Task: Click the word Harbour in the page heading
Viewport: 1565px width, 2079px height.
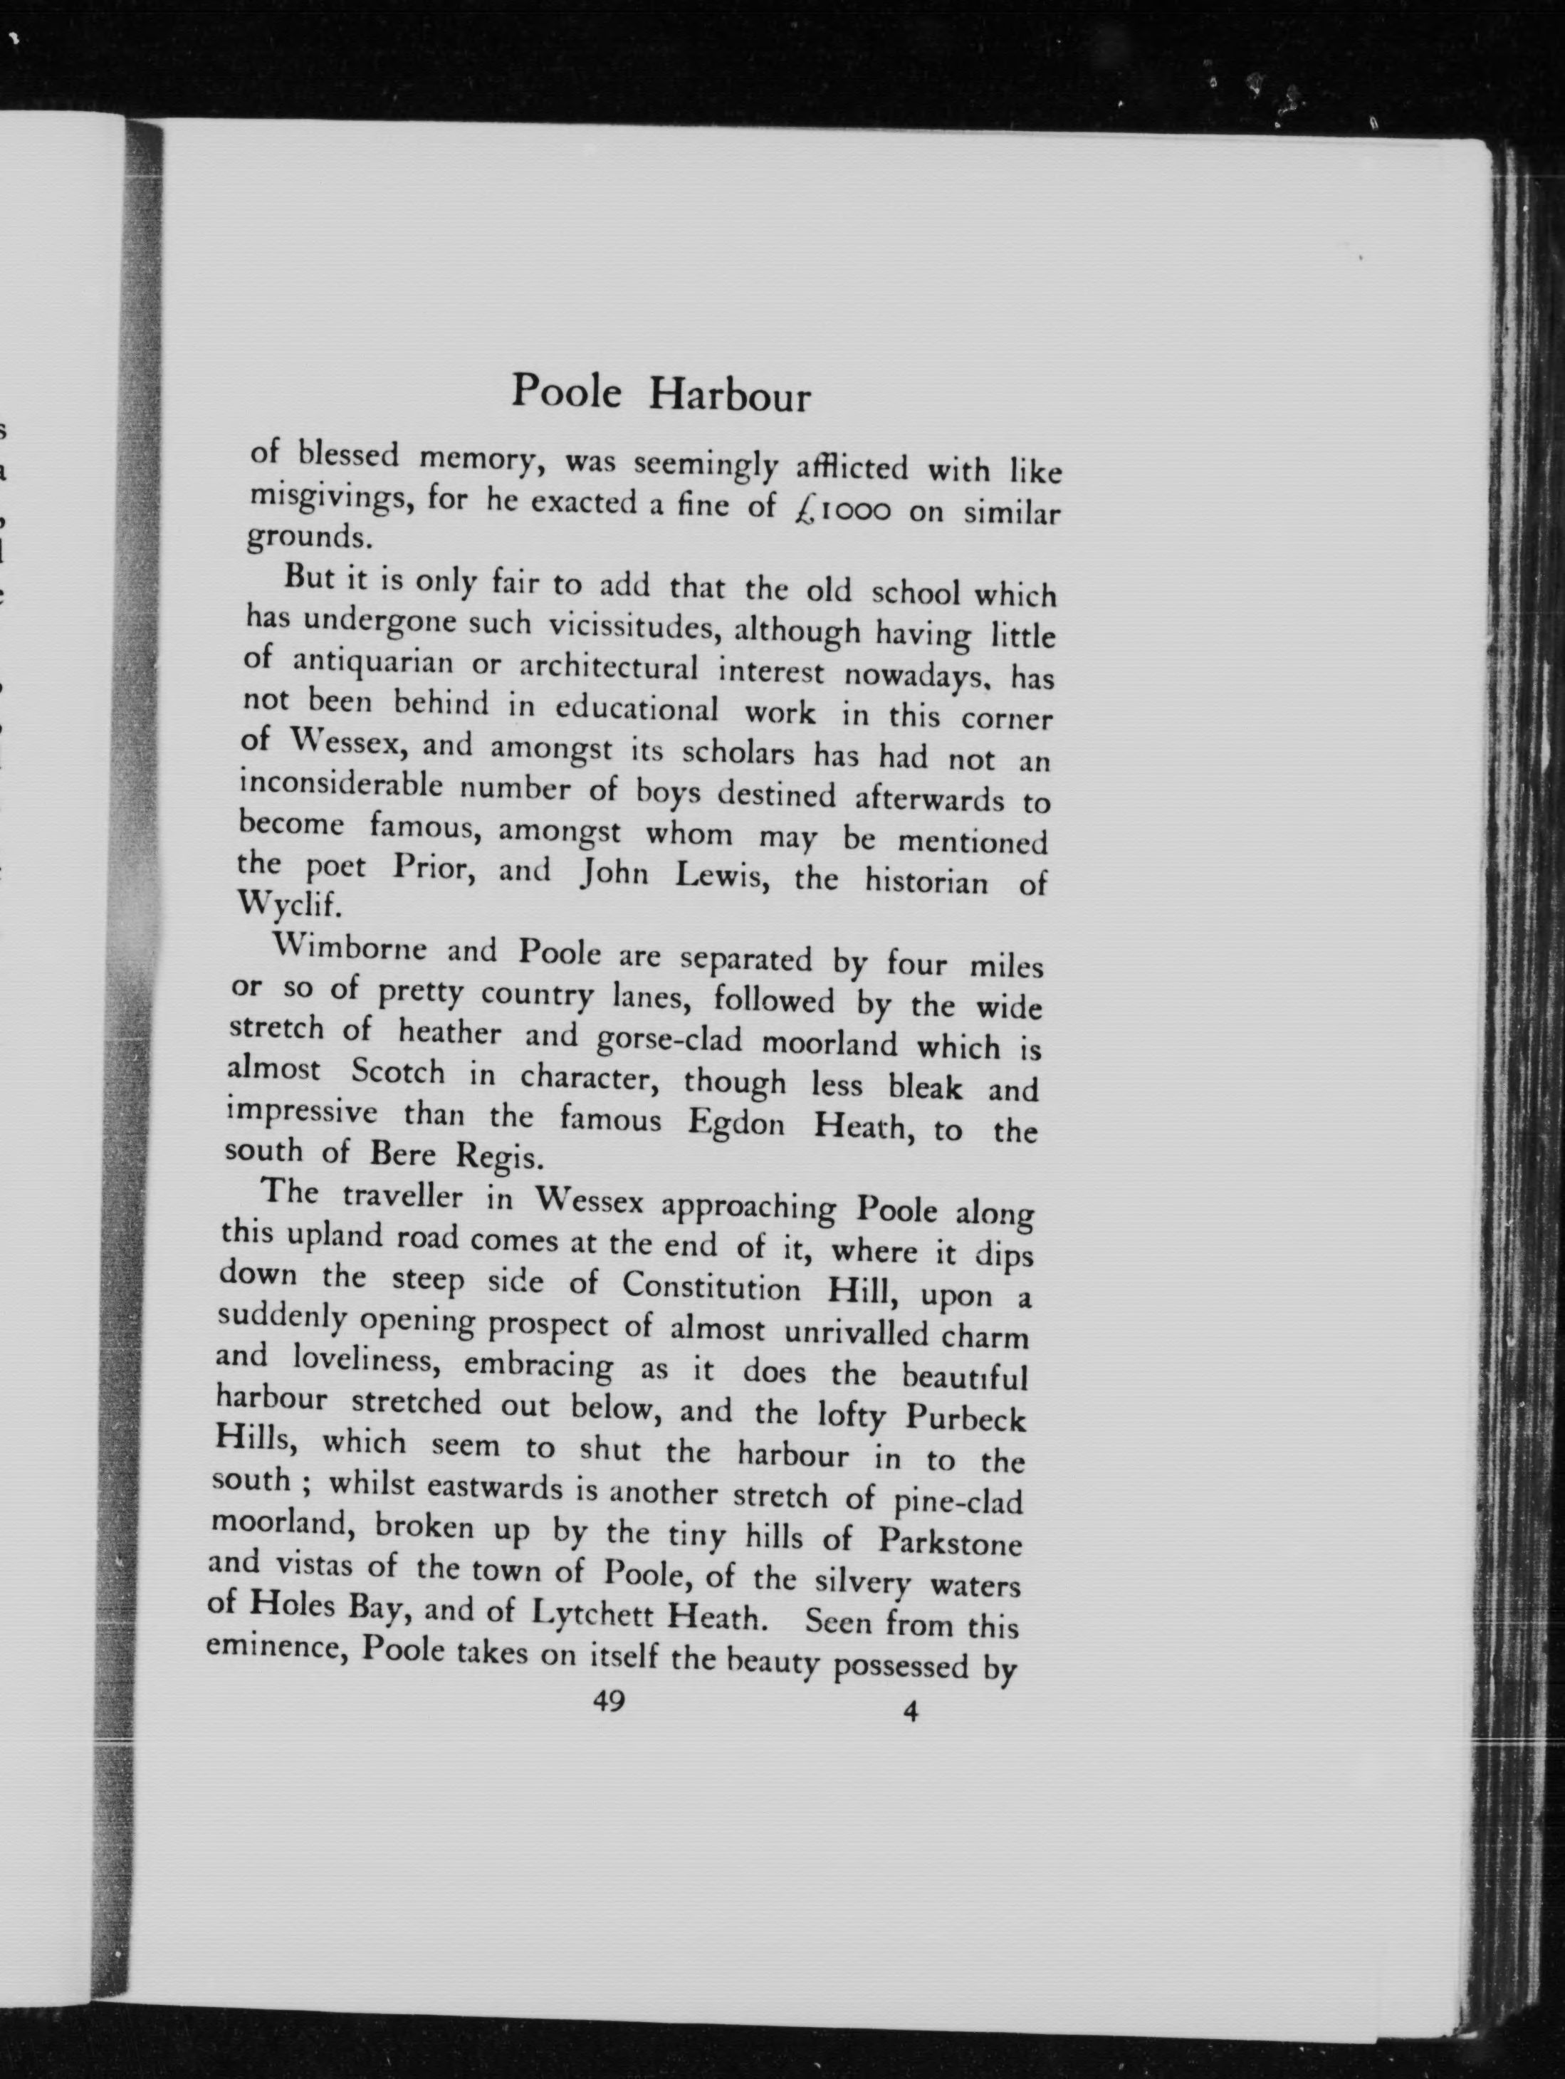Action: coord(729,397)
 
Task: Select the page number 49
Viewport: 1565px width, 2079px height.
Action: coord(609,1701)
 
